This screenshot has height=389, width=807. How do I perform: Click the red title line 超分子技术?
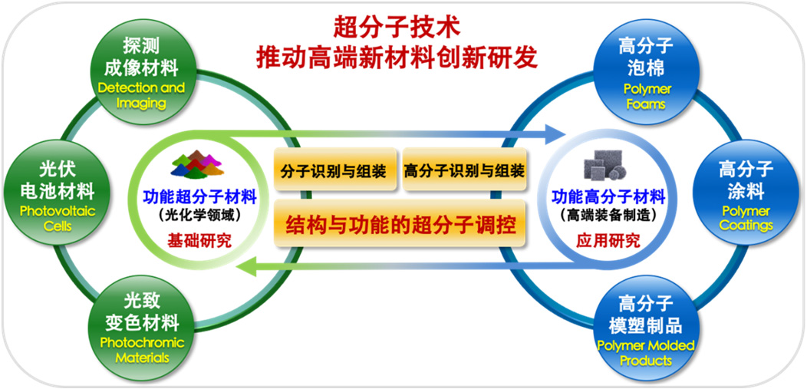(x=397, y=28)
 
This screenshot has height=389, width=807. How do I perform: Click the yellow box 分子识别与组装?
(x=335, y=170)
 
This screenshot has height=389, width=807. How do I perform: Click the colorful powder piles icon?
(x=198, y=164)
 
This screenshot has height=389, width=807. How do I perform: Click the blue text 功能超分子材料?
(x=199, y=196)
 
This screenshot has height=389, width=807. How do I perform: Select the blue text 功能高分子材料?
(x=609, y=196)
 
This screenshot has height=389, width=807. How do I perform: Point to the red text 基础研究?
(x=199, y=240)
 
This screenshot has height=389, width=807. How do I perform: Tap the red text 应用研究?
(x=609, y=240)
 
